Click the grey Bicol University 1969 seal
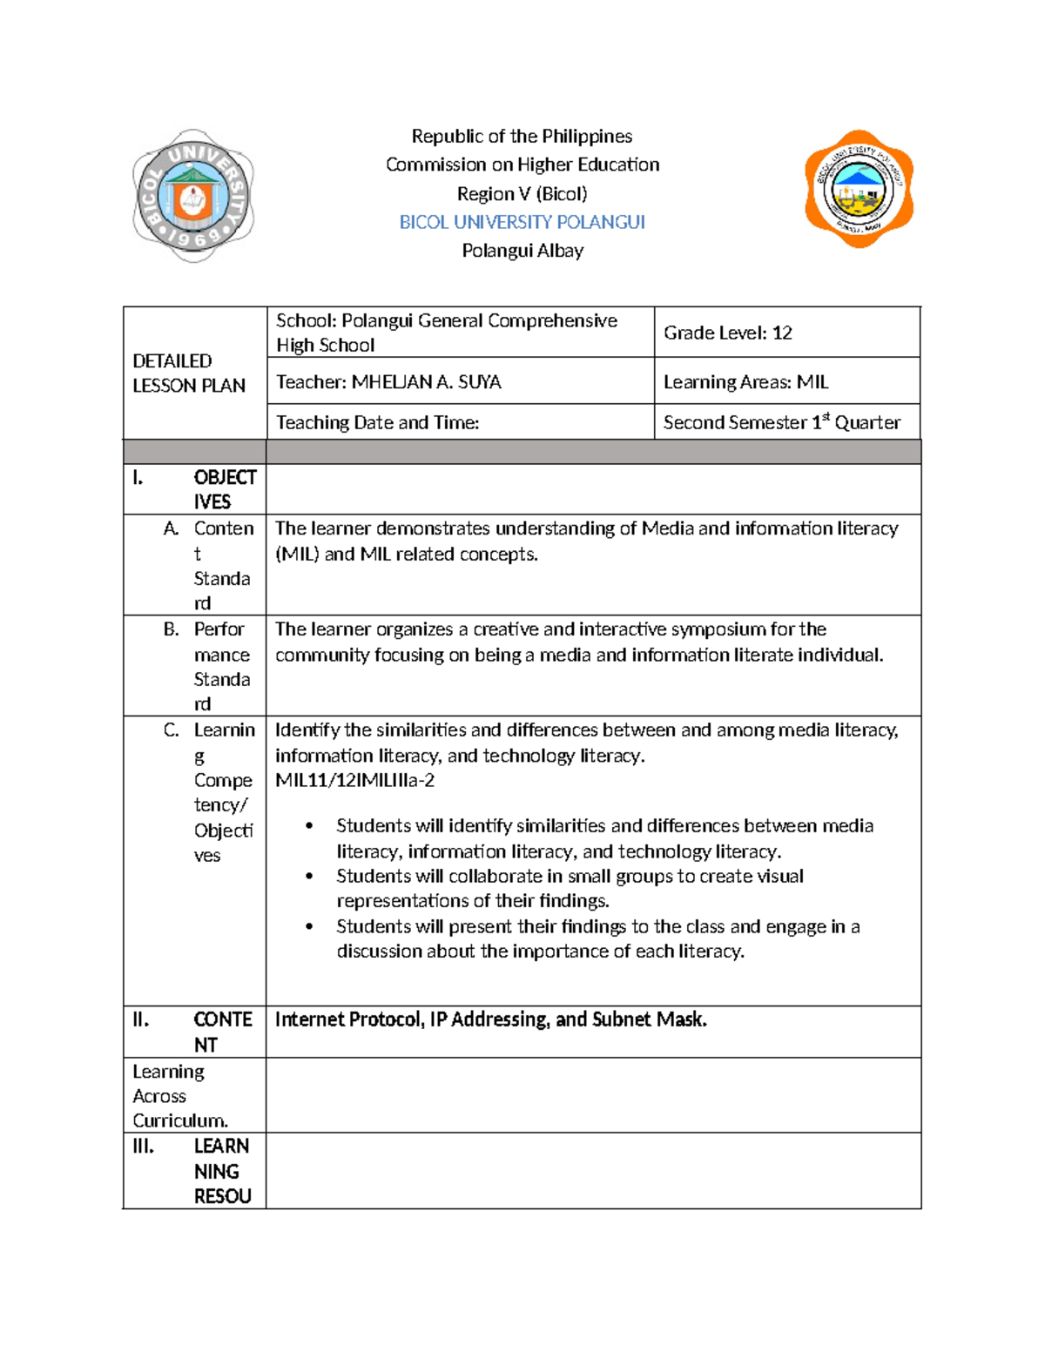(x=192, y=196)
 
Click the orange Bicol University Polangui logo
(x=859, y=189)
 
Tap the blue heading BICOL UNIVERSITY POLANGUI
(x=522, y=222)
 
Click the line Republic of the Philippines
(x=522, y=137)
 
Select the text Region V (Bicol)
(x=522, y=193)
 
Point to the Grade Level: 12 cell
(x=727, y=333)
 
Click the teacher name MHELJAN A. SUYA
(x=426, y=382)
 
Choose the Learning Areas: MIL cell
(x=745, y=382)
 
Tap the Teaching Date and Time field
(x=377, y=423)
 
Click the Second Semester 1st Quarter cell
(x=781, y=423)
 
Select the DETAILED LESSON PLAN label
(x=188, y=373)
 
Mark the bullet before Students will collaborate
(x=309, y=877)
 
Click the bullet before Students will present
(x=309, y=927)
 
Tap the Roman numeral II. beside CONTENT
(x=140, y=1019)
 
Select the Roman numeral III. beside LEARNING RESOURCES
(x=143, y=1147)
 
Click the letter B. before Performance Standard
(x=171, y=629)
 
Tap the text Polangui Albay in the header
(x=522, y=251)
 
